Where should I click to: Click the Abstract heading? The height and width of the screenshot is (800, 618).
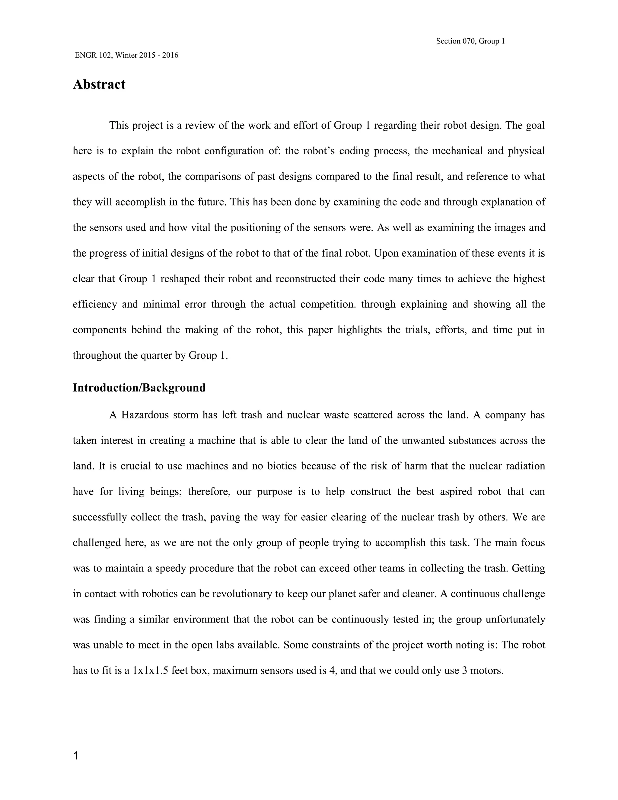99,85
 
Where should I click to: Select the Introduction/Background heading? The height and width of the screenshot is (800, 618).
139,388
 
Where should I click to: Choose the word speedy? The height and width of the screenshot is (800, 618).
171,568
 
